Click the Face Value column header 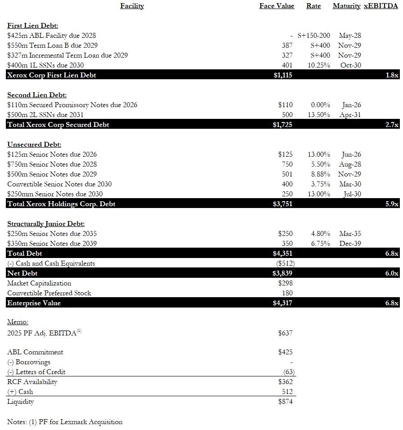point(276,6)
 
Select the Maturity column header point(346,6)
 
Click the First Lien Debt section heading point(32,26)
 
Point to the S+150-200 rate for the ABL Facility point(314,36)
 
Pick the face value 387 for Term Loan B point(287,45)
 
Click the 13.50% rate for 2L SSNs point(318,115)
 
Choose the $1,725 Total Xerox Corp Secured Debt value point(282,125)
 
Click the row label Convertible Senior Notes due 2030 point(59,184)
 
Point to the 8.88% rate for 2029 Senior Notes point(320,174)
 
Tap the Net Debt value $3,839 point(282,273)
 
